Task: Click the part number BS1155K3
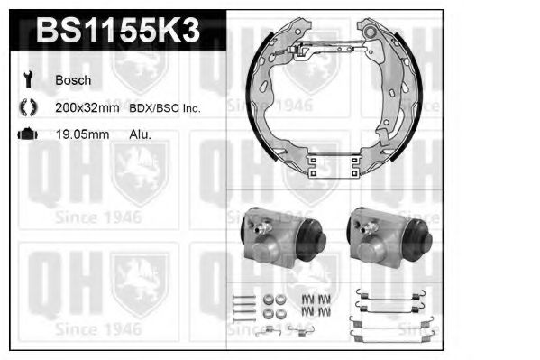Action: pos(118,31)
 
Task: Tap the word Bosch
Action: pos(73,80)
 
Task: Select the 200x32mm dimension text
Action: pos(87,108)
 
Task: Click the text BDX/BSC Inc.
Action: pos(165,108)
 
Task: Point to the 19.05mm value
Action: pos(82,134)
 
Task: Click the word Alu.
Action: pos(140,134)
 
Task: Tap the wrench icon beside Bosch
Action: pos(28,79)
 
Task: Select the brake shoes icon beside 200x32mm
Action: pos(28,106)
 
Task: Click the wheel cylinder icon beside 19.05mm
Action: pos(28,134)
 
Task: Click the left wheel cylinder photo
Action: pos(283,236)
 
